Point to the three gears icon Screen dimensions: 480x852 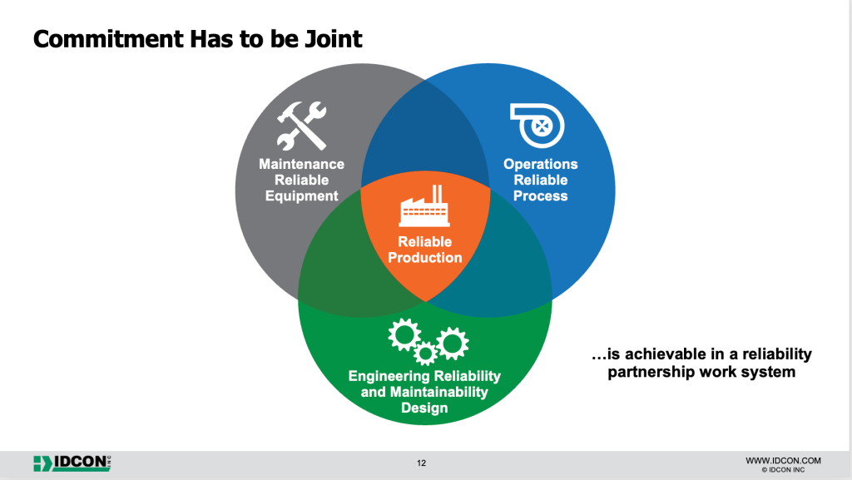tap(428, 340)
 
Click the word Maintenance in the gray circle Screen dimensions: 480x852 tap(301, 164)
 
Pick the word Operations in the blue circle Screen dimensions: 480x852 tap(541, 164)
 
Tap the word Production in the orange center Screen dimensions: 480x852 tap(424, 258)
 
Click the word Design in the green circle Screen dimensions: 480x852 tap(424, 408)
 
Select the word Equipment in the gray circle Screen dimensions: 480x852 tap(301, 196)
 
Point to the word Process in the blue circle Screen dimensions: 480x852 tap(541, 196)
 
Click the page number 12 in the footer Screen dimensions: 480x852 tap(421, 463)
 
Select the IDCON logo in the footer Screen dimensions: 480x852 tap(72, 463)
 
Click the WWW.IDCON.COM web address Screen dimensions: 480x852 tap(783, 460)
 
